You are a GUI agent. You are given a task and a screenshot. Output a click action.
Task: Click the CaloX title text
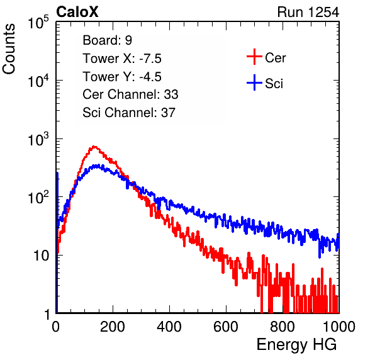point(77,12)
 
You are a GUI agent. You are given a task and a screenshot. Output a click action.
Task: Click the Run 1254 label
point(308,12)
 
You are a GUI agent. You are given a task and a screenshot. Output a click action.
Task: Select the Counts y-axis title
point(9,49)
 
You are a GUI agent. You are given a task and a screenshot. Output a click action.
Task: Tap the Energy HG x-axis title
point(296,345)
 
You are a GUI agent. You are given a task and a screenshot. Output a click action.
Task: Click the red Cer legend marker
point(254,57)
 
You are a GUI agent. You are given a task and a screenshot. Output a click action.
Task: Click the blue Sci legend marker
point(254,82)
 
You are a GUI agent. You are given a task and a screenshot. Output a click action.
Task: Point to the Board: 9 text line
point(108,40)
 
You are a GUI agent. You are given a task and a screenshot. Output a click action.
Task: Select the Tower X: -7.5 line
point(122,59)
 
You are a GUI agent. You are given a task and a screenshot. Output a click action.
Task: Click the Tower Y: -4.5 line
point(122,77)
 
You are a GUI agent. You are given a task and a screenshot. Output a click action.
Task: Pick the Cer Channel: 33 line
point(130,94)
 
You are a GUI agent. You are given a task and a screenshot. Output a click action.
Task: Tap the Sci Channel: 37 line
point(129,113)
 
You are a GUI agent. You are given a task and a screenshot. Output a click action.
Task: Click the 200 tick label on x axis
point(113,327)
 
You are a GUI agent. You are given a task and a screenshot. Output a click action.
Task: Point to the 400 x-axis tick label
point(169,327)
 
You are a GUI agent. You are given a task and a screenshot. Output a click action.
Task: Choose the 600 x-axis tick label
point(226,327)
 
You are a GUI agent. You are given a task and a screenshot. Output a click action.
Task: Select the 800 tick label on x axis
point(283,327)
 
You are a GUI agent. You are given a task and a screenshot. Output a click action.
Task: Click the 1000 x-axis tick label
point(339,327)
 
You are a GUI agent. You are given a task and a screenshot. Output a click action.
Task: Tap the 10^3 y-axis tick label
point(38,139)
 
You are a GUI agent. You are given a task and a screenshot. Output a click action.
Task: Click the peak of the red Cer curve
point(94,147)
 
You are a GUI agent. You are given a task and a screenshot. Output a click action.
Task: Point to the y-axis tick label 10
point(41,256)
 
